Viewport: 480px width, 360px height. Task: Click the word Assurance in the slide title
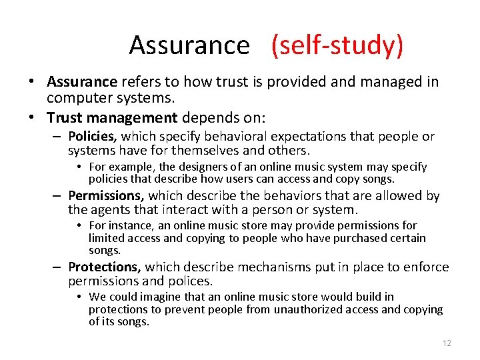189,45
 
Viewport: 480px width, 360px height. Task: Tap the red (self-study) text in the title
337,45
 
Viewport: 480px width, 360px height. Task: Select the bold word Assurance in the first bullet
82,82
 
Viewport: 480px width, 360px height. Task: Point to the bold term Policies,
93,137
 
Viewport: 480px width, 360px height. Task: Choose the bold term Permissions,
106,195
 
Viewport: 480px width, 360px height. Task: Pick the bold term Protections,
104,267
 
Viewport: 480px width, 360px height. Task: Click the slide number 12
446,343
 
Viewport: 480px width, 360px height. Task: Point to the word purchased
356,238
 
